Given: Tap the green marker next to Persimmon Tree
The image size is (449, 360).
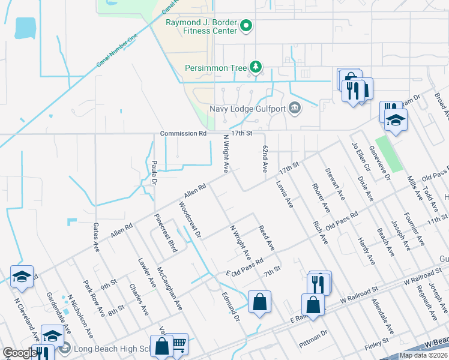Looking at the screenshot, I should (x=256, y=67).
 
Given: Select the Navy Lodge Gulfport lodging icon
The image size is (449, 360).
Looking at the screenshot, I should (x=295, y=109).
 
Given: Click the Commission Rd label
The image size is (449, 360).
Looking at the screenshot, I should (x=183, y=133).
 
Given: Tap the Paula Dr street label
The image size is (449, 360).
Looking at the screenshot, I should (x=155, y=164).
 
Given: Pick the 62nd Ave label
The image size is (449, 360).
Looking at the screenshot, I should (x=264, y=159).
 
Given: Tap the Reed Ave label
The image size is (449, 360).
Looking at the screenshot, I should (x=266, y=238).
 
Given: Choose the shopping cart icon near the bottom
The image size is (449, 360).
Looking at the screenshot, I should (x=178, y=344).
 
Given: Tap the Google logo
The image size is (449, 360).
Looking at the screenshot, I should (x=20, y=353).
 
